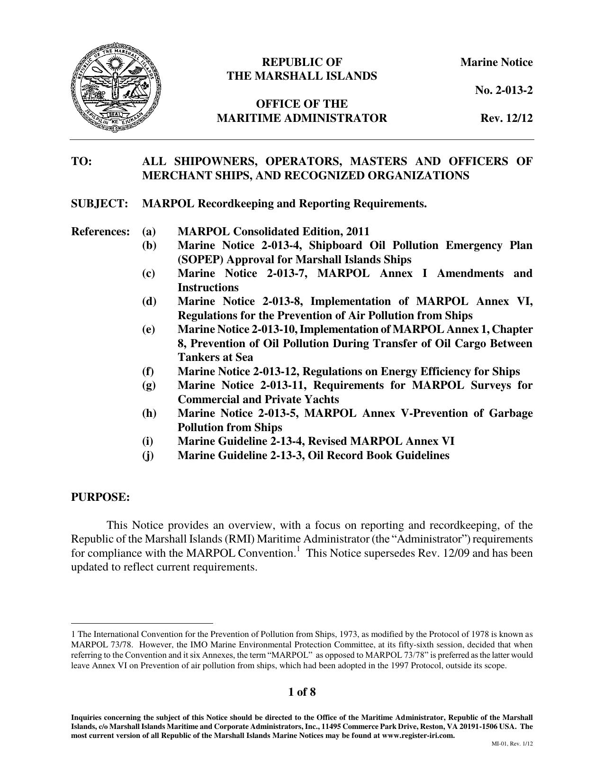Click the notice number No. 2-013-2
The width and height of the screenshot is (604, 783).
click(x=504, y=90)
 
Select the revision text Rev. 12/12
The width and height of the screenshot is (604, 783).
click(x=506, y=118)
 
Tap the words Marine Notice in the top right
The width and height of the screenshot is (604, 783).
click(x=496, y=62)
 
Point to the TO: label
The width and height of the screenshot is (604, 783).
click(x=81, y=161)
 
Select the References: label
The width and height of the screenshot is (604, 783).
click(x=100, y=231)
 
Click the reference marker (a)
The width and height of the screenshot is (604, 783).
click(x=149, y=231)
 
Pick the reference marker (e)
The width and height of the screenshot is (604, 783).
click(x=149, y=329)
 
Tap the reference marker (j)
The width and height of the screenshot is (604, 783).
click(x=148, y=455)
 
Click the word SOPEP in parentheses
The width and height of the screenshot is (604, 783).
click(x=196, y=259)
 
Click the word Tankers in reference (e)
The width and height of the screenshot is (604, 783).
click(x=198, y=357)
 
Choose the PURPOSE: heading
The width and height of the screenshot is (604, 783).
click(x=100, y=497)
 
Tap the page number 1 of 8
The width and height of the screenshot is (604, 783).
click(x=302, y=692)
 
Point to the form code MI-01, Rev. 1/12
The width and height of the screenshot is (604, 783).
click(x=512, y=744)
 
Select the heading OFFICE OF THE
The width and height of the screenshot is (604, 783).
click(x=302, y=104)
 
